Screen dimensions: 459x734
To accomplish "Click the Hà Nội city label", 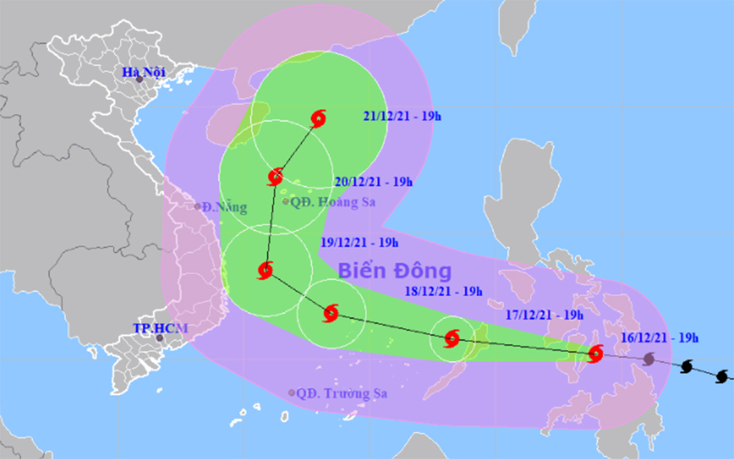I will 143,72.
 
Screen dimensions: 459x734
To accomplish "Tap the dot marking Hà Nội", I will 139,79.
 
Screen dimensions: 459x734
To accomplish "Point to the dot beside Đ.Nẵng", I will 198,207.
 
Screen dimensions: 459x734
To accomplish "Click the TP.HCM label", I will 161,328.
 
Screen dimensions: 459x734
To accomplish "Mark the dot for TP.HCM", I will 160,338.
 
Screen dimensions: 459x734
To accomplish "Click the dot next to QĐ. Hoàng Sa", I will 286,201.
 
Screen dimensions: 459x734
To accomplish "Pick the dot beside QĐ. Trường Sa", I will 292,393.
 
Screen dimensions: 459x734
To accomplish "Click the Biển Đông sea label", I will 395,270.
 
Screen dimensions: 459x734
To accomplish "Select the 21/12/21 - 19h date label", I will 402,116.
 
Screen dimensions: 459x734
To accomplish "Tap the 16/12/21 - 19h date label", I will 659,337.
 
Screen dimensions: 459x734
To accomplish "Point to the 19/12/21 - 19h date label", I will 359,242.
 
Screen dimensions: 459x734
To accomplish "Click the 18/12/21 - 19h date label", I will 443,291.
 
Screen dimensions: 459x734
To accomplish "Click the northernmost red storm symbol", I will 318,119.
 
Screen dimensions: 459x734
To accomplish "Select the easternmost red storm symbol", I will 596,353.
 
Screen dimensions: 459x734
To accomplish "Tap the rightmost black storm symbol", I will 723,376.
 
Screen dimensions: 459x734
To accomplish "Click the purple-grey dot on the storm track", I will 649,359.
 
